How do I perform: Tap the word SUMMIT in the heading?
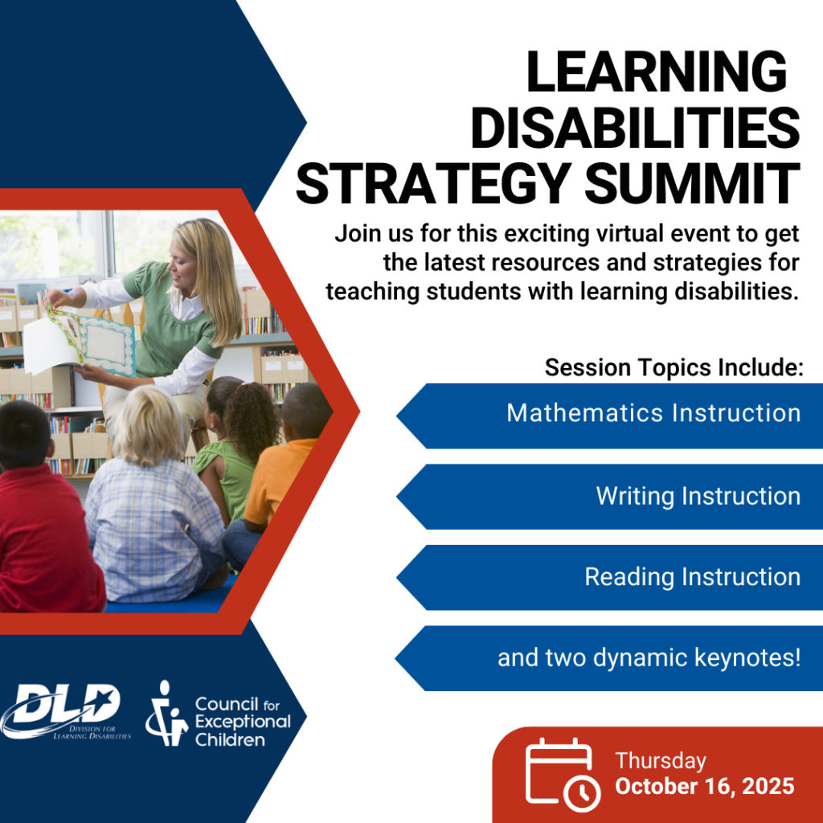pos(692,183)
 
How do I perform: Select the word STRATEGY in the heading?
pos(433,183)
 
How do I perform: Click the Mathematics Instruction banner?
pos(609,416)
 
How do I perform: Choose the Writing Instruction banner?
pos(609,497)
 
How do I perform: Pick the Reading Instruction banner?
pos(609,577)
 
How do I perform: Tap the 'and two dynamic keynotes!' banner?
pos(609,658)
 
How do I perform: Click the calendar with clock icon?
pos(563,775)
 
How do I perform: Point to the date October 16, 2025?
pos(704,786)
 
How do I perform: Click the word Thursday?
pos(661,761)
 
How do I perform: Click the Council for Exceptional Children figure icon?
pos(166,714)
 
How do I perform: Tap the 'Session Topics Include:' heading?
pos(674,367)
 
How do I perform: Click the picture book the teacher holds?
pos(79,341)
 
